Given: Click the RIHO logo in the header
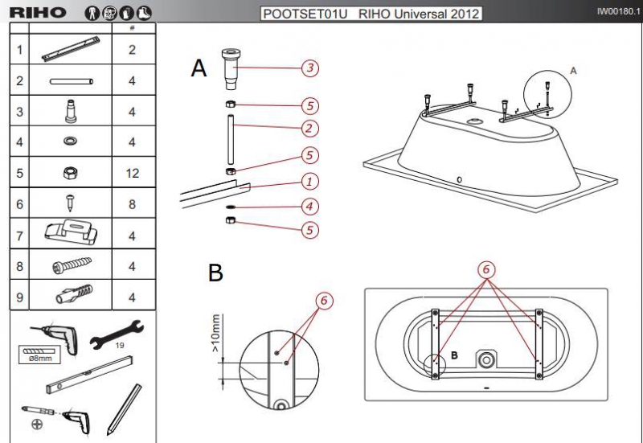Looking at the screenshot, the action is [37, 12].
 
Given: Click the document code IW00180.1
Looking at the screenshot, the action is [618, 11].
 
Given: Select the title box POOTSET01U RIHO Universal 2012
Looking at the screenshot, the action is [371, 14].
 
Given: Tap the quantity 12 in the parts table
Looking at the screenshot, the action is [132, 173].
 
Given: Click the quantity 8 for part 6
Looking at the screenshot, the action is [132, 204].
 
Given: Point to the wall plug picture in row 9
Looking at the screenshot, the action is [74, 293].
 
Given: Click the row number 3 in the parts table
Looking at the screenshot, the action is [19, 111].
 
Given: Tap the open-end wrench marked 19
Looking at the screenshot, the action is [117, 334].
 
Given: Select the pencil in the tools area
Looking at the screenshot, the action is [124, 409].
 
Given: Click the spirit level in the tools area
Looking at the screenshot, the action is [89, 375].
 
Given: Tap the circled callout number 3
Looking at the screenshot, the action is [310, 68].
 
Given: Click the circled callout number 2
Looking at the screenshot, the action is [309, 129].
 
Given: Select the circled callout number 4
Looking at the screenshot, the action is [309, 206].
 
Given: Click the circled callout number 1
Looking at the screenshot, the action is [309, 182].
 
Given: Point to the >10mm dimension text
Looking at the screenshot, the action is [215, 333].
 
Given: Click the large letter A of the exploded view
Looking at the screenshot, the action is [199, 68].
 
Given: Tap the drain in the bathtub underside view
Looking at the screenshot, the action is [486, 360].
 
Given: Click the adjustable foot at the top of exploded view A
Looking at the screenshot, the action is [231, 69].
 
